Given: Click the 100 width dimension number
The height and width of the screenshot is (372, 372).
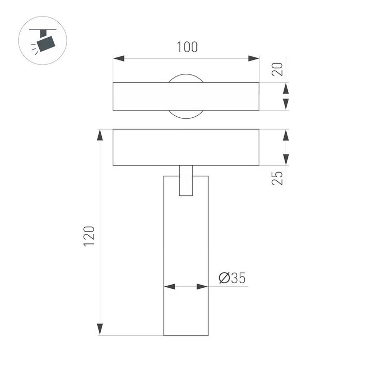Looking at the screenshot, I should pos(186,47).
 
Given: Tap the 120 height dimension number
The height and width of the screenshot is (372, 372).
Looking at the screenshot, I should pos(89,236).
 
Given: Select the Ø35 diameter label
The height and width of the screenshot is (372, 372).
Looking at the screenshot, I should pos(231,278).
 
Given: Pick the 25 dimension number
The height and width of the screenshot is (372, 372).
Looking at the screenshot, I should pos(277,178).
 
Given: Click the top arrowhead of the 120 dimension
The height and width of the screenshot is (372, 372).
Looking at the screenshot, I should pos(100,135).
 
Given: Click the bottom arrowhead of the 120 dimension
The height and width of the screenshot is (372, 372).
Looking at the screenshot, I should pos(100,329).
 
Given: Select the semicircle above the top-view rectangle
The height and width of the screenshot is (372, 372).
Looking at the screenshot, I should pos(186,78).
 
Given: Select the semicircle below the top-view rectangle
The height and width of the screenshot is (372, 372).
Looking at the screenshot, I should pos(186,114).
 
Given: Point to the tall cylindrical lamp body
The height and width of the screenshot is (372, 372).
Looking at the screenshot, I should pos(186,258).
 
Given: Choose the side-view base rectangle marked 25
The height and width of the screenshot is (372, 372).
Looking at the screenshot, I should pos(186,147).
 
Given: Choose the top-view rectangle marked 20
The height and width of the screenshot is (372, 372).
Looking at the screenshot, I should pos(186,96).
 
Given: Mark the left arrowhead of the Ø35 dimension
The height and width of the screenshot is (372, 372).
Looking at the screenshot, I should pos(169,286).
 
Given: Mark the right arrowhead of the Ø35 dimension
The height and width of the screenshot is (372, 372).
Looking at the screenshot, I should pos(203,286).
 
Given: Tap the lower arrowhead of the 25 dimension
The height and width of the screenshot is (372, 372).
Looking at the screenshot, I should pos(285,160).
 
